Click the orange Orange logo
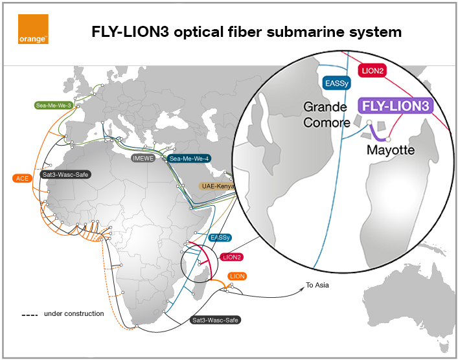pyautogui.click(x=33, y=30)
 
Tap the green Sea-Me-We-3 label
pyautogui.click(x=52, y=104)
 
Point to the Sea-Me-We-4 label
pyautogui.click(x=189, y=158)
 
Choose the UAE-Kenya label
pyautogui.click(x=217, y=186)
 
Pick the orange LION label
pyautogui.click(x=238, y=276)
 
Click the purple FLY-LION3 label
pyautogui.click(x=395, y=106)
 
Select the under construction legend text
pyautogui.click(x=74, y=314)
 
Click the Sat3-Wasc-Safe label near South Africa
pyautogui.click(x=216, y=320)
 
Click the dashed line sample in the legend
pyautogui.click(x=29, y=315)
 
